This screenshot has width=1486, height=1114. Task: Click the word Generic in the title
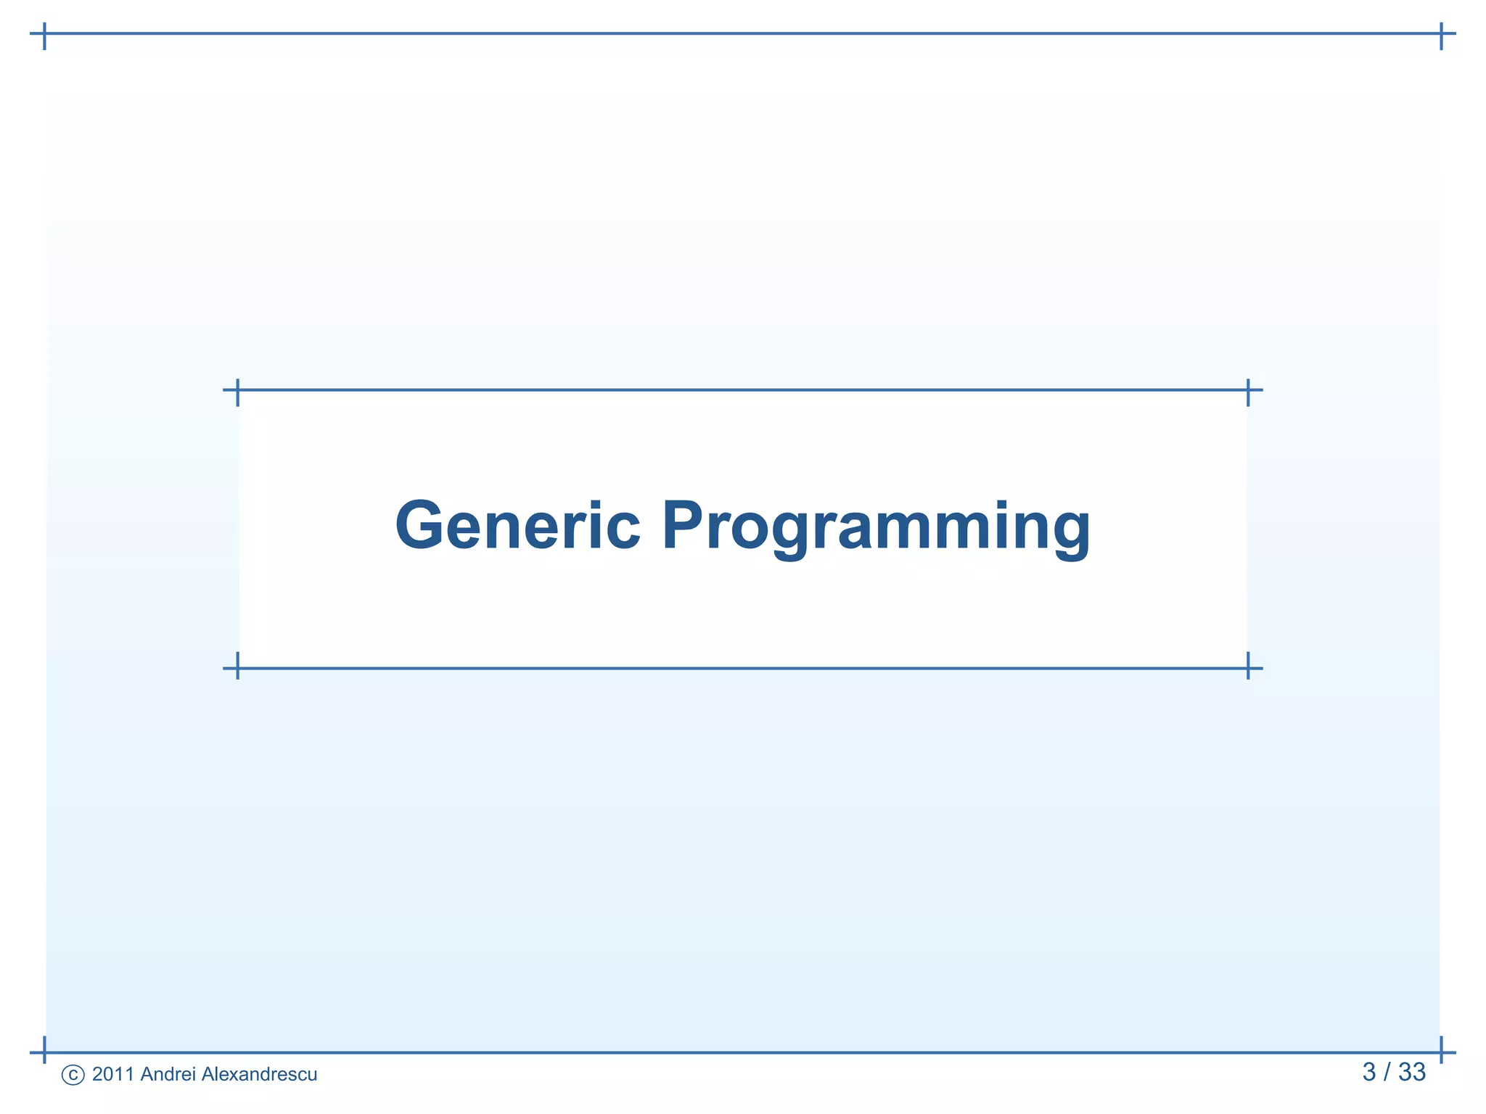(518, 525)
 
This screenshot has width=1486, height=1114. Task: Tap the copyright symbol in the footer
(73, 1075)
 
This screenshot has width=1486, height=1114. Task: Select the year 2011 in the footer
(113, 1074)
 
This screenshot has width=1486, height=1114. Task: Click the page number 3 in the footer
(1368, 1072)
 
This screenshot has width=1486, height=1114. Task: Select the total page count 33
(1412, 1072)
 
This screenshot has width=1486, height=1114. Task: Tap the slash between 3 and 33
(1387, 1072)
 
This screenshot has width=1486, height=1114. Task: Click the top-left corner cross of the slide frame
(45, 33)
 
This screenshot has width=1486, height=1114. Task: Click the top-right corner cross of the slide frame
(1441, 33)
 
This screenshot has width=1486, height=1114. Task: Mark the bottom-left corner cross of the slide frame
(45, 1052)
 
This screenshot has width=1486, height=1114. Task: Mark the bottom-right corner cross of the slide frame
(1441, 1052)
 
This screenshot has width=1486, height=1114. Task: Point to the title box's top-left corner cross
(238, 390)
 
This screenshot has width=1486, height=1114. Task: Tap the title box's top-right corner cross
(1248, 390)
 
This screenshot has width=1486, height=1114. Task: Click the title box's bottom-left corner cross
(238, 668)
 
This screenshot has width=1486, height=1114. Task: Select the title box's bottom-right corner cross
(1248, 668)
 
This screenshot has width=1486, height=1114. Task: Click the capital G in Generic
(421, 525)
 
